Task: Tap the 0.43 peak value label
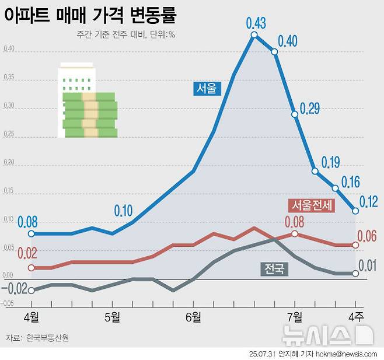[256, 23]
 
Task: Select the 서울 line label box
[206, 88]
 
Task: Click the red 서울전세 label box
[312, 205]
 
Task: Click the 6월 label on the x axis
[193, 317]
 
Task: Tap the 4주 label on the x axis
[355, 317]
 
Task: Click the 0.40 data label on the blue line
[288, 41]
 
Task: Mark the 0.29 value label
[309, 109]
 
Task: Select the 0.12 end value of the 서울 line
[368, 202]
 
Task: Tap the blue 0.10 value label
[123, 211]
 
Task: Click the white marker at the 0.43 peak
[254, 35]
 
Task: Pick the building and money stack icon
[87, 100]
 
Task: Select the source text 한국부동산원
[48, 338]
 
